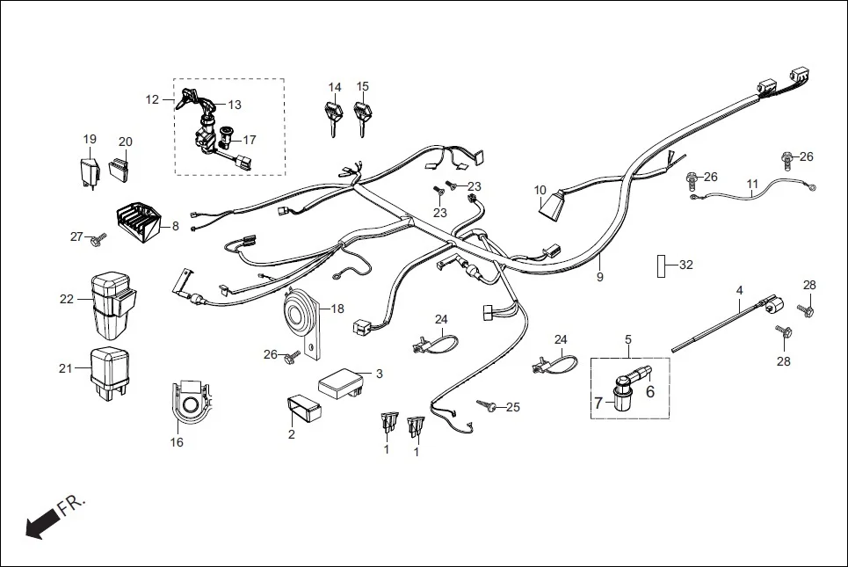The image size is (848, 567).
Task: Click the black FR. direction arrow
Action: [38, 526]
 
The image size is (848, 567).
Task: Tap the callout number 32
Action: [686, 265]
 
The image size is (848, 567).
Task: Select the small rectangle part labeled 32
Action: [661, 265]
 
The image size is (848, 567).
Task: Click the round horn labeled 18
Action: [300, 313]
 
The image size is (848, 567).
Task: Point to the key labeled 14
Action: [332, 115]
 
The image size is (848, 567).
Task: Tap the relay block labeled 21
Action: [110, 369]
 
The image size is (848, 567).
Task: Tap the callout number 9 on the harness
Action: [600, 277]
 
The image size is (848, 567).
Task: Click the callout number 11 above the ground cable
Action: [751, 185]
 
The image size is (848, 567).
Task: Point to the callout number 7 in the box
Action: [598, 403]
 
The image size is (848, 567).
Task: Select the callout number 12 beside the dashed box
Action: [152, 99]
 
